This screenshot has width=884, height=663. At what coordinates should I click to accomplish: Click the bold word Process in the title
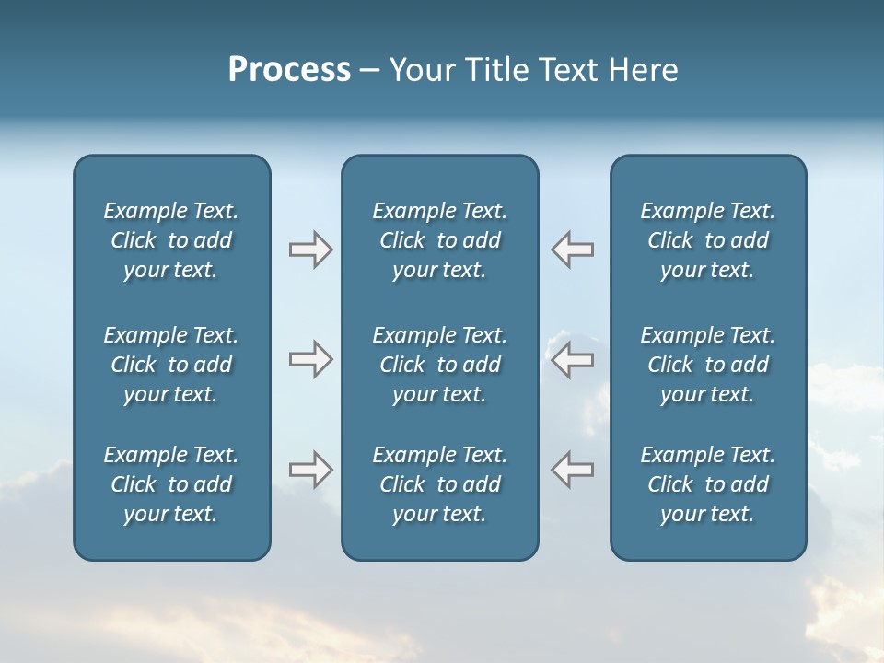pos(289,70)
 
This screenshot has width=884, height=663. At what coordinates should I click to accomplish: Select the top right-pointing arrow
pos(311,250)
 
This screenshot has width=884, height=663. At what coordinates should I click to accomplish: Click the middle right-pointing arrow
pos(311,359)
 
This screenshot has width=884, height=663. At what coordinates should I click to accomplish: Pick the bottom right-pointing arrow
pos(311,470)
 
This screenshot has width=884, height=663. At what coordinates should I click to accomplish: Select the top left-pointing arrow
pos(572,250)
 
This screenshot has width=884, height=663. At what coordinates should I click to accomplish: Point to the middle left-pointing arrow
pos(572,359)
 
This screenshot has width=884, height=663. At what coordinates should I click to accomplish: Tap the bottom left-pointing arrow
pos(572,470)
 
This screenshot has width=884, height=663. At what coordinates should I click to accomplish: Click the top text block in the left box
pos(171,240)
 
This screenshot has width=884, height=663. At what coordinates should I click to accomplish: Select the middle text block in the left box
pos(171,365)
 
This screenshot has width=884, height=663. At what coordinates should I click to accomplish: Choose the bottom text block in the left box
pos(171,484)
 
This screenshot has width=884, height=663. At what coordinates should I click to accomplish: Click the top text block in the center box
pos(440,240)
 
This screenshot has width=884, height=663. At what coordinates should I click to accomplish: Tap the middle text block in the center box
pos(440,365)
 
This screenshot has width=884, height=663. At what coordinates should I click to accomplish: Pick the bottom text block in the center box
pos(440,484)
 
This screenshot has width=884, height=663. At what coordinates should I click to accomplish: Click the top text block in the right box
pos(708,240)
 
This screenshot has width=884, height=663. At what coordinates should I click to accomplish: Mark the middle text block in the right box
pos(708,365)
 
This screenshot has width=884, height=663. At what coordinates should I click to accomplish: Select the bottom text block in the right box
pos(708,484)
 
